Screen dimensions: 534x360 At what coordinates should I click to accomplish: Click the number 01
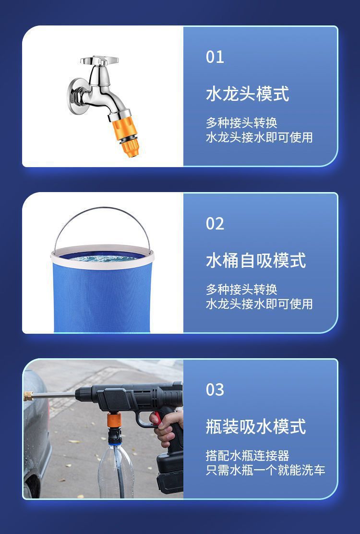point(215,57)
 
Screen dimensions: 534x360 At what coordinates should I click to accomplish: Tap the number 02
point(215,224)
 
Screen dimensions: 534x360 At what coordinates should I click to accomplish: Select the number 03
point(215,389)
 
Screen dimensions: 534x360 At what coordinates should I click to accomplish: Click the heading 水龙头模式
point(247,94)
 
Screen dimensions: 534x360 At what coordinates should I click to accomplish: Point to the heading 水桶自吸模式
point(255,260)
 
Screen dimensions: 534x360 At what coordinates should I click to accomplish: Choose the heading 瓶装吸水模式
point(255,426)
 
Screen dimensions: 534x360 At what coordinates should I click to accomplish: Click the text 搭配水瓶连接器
point(247,455)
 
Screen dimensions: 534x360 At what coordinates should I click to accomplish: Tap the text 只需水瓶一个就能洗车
point(265,470)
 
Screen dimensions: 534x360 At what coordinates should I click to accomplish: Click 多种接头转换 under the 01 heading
point(241,123)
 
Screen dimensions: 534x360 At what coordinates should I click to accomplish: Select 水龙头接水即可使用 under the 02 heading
point(259,303)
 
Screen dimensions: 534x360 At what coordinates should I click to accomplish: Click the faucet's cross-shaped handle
point(99,61)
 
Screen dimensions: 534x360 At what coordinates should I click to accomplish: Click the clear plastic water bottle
point(116,468)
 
